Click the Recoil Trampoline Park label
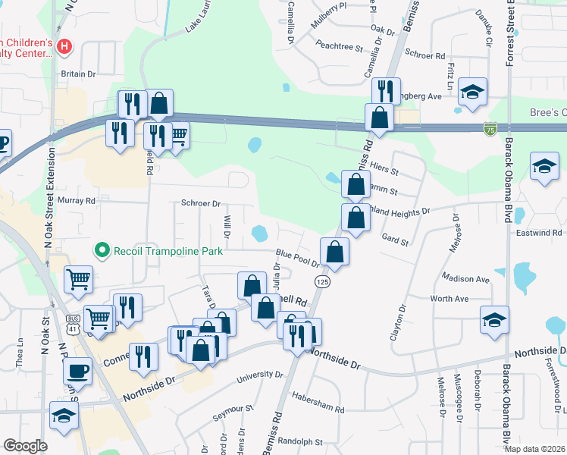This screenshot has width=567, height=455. coord(168,250)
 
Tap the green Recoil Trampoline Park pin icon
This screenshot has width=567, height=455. coord(101,249)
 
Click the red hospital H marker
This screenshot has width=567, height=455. coord(64,47)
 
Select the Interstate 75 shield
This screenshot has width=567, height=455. coord(490,130)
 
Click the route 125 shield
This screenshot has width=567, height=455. coord(324,281)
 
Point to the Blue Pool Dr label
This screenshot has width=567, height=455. coord(298,259)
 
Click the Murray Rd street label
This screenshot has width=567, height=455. coord(80,201)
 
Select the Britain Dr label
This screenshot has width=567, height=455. coord(79,74)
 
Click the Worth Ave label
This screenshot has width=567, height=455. coord(450,300)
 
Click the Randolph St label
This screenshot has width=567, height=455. coord(301,441)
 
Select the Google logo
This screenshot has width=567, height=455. coord(25,445)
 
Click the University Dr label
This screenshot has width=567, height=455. coord(258,375)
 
